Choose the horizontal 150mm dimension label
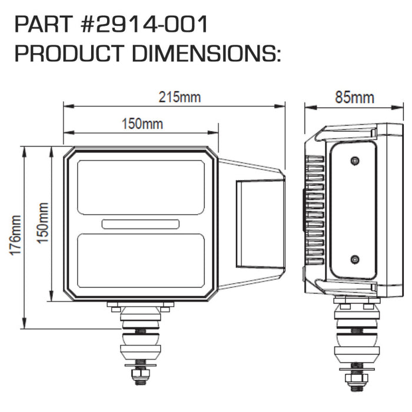tap(142, 124)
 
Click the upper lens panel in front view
tap(141, 187)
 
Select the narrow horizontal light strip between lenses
tap(141, 224)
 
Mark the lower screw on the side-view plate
tap(354, 260)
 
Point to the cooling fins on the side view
tap(315, 209)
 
